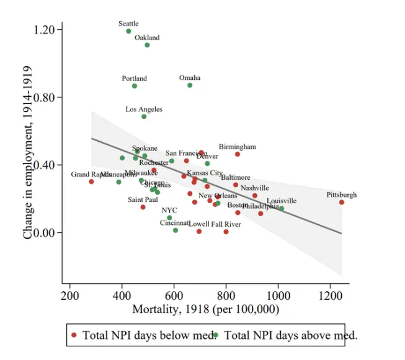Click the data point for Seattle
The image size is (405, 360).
(x=128, y=31)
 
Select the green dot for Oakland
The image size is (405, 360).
(x=147, y=45)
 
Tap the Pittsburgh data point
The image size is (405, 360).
(x=342, y=202)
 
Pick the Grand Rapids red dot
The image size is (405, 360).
(x=91, y=182)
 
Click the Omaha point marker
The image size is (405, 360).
(x=190, y=85)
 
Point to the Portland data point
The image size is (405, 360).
(x=134, y=86)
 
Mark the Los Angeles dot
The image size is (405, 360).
(x=144, y=116)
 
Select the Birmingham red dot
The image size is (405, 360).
(x=238, y=154)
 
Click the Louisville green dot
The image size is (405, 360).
(x=282, y=208)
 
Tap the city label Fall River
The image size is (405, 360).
(x=227, y=224)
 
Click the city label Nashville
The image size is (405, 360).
(x=254, y=188)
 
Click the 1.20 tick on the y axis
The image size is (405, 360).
(x=53, y=30)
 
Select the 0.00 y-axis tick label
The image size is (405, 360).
(x=53, y=232)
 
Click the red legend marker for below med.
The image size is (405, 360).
(x=74, y=335)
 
